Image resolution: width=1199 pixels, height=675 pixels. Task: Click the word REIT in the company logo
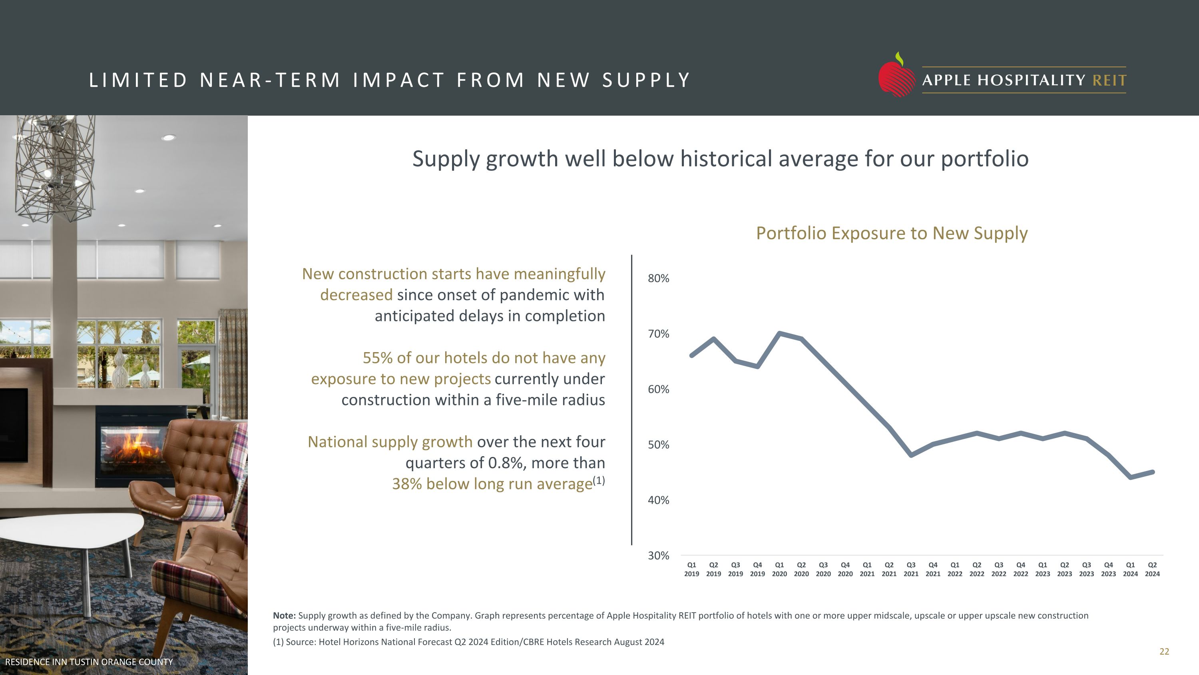click(x=1109, y=80)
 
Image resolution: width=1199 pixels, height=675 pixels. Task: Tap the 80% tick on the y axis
click(x=658, y=278)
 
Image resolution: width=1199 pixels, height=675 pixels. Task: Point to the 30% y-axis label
click(x=658, y=556)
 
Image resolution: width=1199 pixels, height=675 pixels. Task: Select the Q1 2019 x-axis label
click(x=692, y=569)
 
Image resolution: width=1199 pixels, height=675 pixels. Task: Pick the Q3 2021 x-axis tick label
click(x=911, y=569)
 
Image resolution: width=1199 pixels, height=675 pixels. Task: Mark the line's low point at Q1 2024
click(x=1130, y=477)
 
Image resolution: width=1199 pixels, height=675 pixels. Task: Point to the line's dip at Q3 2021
click(x=911, y=455)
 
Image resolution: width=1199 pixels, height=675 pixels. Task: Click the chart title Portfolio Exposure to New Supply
click(x=891, y=233)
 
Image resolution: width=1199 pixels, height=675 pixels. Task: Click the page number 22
click(x=1164, y=652)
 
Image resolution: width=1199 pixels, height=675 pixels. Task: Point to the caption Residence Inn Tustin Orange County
click(x=89, y=662)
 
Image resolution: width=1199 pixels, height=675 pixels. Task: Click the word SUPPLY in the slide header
click(x=646, y=80)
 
